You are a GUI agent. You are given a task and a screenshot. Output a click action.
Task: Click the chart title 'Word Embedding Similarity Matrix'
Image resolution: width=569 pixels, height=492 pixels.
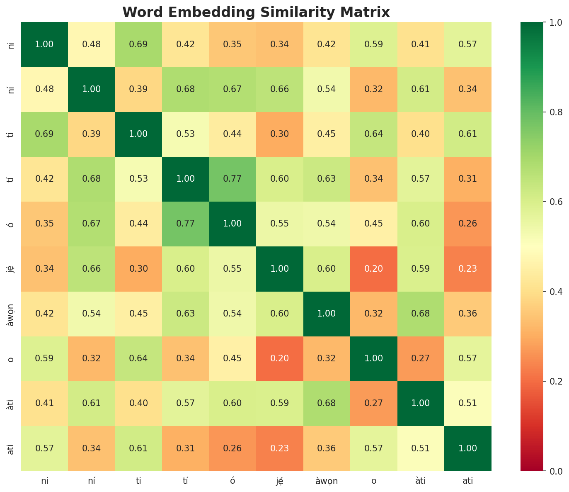click(x=256, y=12)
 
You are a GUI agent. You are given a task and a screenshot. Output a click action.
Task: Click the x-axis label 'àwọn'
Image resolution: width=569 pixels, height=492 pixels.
click(x=327, y=481)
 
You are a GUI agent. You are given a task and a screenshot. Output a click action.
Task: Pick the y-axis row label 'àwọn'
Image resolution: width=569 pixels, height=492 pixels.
click(x=11, y=314)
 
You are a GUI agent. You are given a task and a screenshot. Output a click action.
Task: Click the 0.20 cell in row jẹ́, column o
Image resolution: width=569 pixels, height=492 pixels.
click(x=374, y=268)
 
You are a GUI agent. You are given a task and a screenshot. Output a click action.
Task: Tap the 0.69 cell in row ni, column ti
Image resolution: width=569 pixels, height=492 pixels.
click(x=138, y=44)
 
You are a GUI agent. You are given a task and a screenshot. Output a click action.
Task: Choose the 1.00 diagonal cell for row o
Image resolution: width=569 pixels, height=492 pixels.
click(x=374, y=358)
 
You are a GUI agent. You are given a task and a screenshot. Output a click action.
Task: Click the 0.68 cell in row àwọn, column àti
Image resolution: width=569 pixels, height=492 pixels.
click(x=421, y=314)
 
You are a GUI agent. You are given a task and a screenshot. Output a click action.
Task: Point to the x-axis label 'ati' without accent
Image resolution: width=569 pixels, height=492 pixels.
click(x=468, y=481)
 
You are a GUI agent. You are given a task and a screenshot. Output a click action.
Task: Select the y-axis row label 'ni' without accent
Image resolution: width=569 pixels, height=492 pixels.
click(x=11, y=44)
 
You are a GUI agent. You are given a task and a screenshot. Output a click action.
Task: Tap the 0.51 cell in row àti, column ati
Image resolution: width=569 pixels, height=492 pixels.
click(x=468, y=403)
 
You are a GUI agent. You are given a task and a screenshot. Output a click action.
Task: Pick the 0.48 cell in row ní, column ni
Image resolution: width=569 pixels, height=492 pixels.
click(x=44, y=89)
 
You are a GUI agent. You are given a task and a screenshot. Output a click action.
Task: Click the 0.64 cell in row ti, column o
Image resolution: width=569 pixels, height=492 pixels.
click(x=374, y=134)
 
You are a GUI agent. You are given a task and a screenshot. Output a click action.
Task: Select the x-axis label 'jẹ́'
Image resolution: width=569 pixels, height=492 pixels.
click(x=280, y=481)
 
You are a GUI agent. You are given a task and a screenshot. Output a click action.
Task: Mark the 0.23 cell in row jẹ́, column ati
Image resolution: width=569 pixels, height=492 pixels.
click(x=468, y=268)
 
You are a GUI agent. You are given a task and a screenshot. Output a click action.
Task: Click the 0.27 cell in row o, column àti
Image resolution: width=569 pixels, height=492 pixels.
click(x=421, y=358)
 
